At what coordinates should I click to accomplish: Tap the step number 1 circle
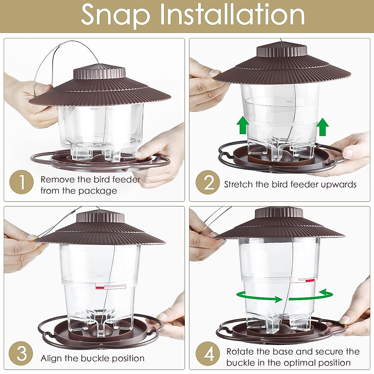click(x=21, y=182)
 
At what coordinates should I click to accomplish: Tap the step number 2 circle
click(x=208, y=182)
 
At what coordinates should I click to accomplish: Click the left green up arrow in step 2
click(x=243, y=125)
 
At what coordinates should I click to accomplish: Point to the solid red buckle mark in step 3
click(x=100, y=287)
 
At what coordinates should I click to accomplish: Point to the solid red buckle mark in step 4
click(x=310, y=280)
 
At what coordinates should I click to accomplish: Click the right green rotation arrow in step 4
click(x=312, y=295)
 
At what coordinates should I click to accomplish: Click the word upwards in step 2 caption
click(x=338, y=185)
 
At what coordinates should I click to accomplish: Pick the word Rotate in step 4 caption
click(x=240, y=352)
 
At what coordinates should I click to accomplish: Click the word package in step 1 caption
click(x=99, y=191)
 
